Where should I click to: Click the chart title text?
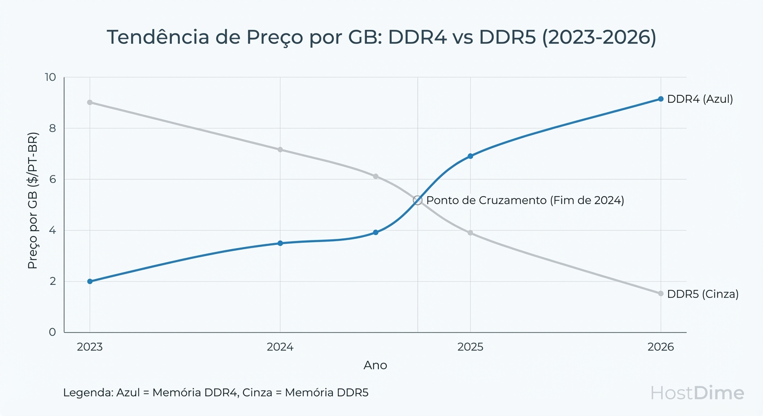tap(381, 37)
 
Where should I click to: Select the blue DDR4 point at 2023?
tap(90, 282)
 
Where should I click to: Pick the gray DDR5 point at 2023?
tap(90, 102)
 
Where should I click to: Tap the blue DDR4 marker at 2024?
tap(280, 243)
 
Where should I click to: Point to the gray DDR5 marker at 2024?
tap(280, 149)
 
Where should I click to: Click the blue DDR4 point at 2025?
tap(470, 156)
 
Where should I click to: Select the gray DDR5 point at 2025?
tap(470, 233)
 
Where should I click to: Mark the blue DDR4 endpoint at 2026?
tap(661, 99)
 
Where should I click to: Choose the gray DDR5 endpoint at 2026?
tap(661, 294)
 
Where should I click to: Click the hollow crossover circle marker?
tap(417, 200)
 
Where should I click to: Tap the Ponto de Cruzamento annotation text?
tap(525, 200)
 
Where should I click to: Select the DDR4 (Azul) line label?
tap(700, 99)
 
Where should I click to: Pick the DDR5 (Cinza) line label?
tap(703, 294)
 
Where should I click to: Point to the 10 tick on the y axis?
tap(50, 77)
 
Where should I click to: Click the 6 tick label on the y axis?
tap(53, 179)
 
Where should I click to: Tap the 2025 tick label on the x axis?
tap(470, 347)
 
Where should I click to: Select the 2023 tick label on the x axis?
tap(90, 347)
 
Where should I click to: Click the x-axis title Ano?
tap(375, 366)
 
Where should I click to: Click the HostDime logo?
tap(697, 393)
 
